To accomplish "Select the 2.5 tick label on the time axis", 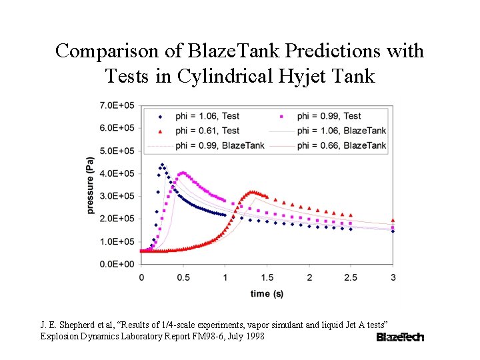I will point(351,277).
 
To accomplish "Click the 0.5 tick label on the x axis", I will point(183,277).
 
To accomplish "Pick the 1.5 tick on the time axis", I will point(267,277).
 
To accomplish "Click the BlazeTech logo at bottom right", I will point(399,337).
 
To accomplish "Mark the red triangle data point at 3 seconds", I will point(393,220).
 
